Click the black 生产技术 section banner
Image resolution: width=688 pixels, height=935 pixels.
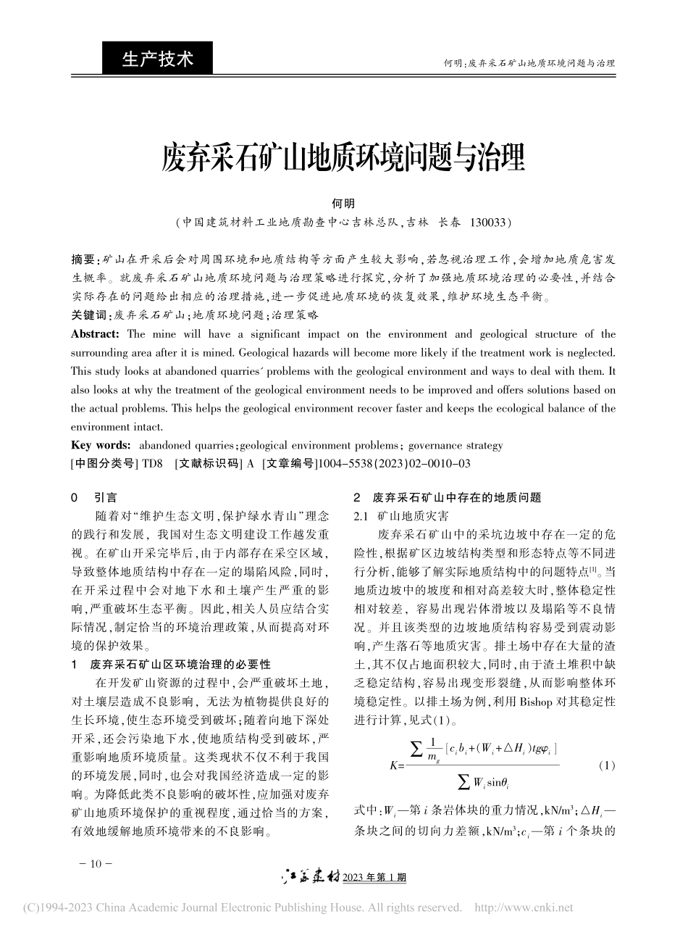(158, 59)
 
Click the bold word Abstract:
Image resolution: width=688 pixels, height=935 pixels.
(95, 334)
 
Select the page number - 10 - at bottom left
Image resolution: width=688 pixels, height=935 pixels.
(94, 864)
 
